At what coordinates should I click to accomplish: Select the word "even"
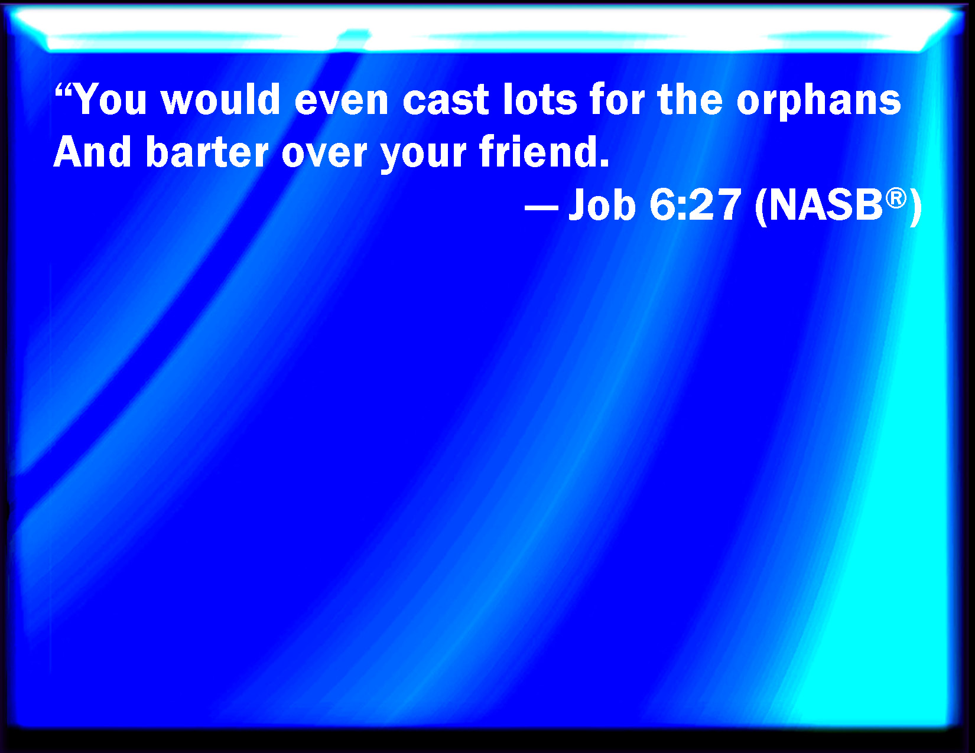click(342, 103)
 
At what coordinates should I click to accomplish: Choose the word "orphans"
click(819, 102)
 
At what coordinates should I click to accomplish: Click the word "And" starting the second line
click(92, 151)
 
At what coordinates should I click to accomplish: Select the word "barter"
click(208, 151)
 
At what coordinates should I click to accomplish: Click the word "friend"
click(538, 151)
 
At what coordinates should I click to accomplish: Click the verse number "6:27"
click(695, 204)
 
